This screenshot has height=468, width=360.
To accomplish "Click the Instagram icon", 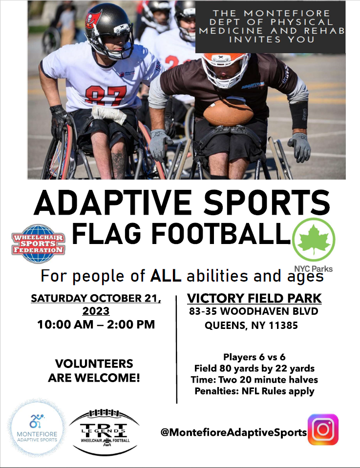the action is coord(323,429).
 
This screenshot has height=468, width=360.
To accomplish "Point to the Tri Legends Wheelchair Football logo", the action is coord(104,432).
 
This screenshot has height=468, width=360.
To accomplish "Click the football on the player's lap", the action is coord(228,113).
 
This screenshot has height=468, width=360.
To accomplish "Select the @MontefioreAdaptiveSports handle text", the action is coord(233,432).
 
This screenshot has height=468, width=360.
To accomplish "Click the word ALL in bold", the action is coord(166,276).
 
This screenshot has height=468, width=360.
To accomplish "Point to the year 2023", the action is coord(96,311).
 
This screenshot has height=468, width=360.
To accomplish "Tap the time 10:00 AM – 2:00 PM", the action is coord(96,325).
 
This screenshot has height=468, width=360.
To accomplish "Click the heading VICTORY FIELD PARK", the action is coord(254,299).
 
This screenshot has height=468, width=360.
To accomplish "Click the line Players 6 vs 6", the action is coord(254,357).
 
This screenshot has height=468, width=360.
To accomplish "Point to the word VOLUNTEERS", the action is coord(94,364).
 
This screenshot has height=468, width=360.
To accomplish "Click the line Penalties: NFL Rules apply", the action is coord(254,391).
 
